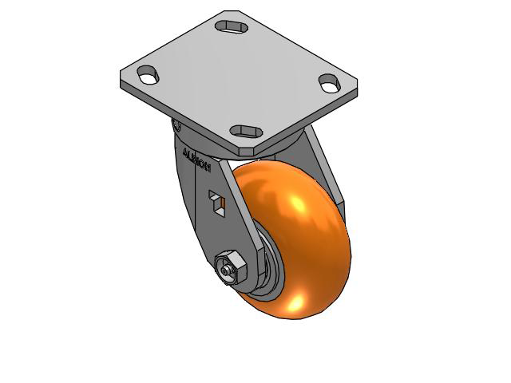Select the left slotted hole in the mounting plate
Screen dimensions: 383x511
[148, 77]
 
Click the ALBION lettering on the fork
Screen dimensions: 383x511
[196, 159]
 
